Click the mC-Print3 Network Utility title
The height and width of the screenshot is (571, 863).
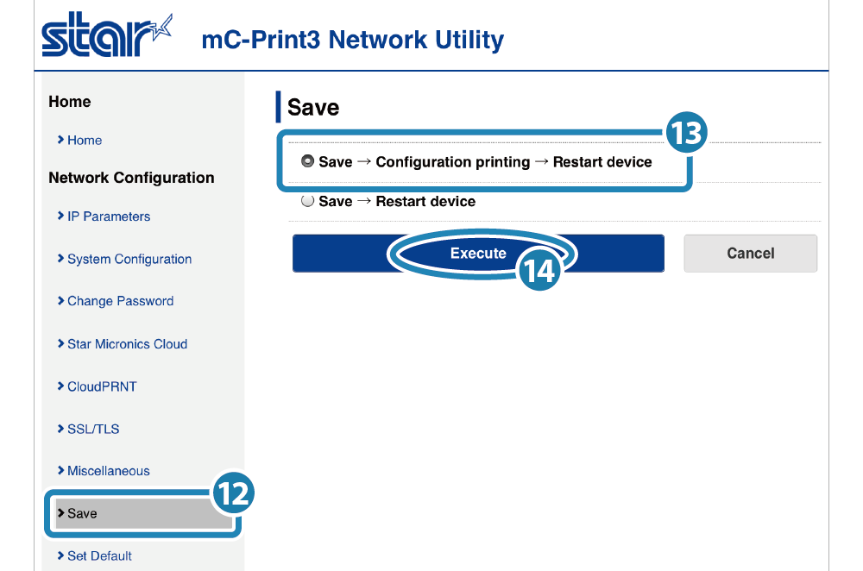(x=352, y=40)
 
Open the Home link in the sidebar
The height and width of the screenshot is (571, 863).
(x=85, y=140)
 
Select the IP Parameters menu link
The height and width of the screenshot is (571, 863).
(x=109, y=216)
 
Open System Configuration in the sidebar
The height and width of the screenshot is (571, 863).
(x=129, y=259)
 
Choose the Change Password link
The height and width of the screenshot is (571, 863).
(x=120, y=301)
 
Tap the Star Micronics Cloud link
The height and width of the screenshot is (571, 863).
(x=127, y=344)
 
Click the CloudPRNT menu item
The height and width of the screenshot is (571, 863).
(x=102, y=386)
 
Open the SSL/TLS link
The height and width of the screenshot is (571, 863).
(x=93, y=429)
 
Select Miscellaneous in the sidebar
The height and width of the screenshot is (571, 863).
(x=108, y=471)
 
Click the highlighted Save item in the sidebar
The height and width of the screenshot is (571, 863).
(x=138, y=513)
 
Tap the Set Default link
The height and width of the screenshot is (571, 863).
(x=99, y=555)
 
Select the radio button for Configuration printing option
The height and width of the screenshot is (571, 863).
(x=307, y=161)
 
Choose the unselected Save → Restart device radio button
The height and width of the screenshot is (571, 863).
(x=307, y=201)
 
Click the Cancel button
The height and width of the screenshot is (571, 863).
(x=750, y=254)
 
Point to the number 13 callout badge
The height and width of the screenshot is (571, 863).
(x=686, y=135)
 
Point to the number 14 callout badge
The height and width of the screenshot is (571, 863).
(x=539, y=272)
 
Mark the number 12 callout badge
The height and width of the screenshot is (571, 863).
(x=232, y=493)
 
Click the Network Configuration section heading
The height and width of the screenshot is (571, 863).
(x=131, y=178)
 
